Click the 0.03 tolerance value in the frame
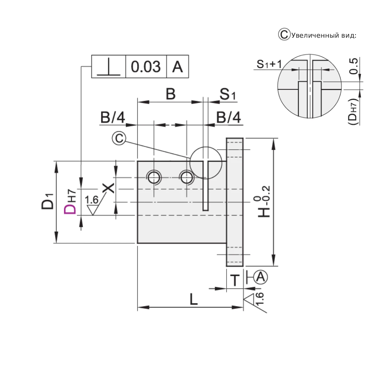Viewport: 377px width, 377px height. [x=146, y=67]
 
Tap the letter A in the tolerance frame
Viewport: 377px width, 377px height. [x=177, y=67]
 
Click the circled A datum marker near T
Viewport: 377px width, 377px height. [x=260, y=277]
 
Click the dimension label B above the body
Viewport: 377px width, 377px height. [x=171, y=94]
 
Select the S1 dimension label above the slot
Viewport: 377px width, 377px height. [x=228, y=94]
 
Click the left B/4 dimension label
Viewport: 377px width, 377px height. [x=113, y=118]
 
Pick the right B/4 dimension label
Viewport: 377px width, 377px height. [x=228, y=118]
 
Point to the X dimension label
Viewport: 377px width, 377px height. [x=109, y=188]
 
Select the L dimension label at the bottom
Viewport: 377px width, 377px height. [x=193, y=300]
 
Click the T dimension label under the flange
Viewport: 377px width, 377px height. [x=235, y=280]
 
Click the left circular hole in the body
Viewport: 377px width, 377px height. [x=154, y=177]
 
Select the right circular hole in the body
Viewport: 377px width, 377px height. [x=187, y=177]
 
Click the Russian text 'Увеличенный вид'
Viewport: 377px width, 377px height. [x=323, y=35]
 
